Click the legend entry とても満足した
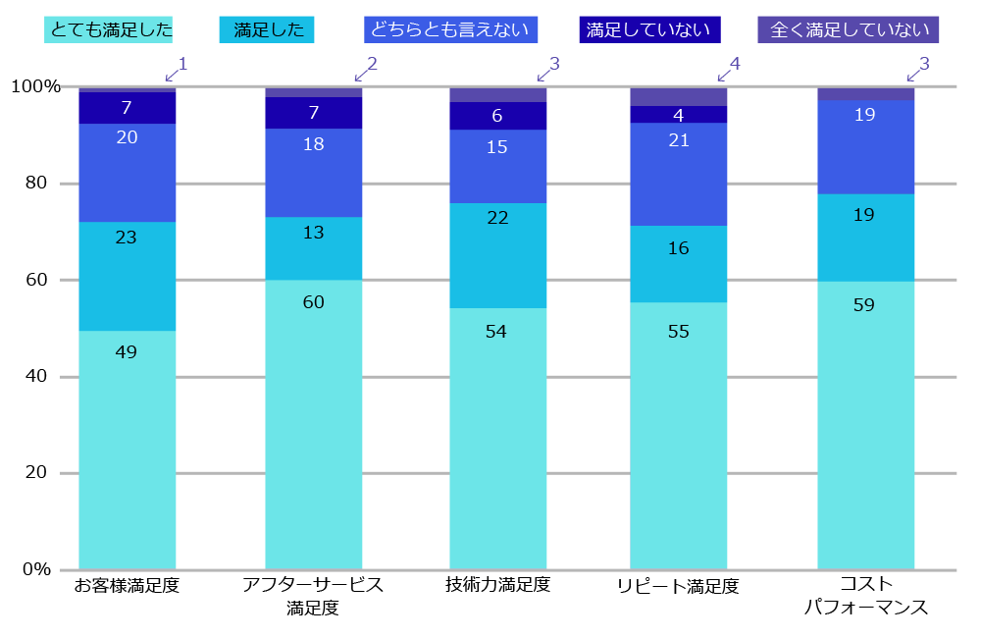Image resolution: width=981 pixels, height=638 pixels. coord(109,29)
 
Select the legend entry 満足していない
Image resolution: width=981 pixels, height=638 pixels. coord(647,29)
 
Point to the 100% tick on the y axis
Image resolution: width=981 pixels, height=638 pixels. coord(35,87)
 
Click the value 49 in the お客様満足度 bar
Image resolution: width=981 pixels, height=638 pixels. coord(126,351)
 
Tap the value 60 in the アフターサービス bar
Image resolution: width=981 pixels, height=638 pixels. coord(313,301)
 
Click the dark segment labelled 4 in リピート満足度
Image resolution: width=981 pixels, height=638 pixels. coord(678,115)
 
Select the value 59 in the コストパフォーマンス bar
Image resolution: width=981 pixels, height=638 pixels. coord(864,304)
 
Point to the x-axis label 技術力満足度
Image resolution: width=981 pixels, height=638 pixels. coord(497,586)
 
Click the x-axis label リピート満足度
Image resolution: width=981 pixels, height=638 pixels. coord(678,587)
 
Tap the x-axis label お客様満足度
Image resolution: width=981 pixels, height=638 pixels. coord(127,586)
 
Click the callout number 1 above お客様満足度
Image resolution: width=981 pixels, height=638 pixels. coord(182,65)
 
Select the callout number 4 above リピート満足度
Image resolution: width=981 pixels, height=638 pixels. coord(735,65)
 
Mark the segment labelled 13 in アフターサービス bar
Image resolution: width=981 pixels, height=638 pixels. coord(313,232)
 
